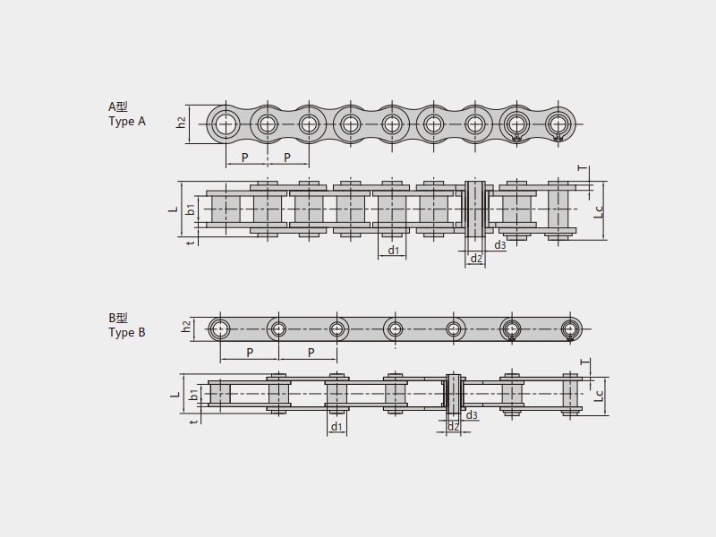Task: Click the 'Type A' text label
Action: pos(127,122)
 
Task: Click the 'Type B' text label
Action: pos(127,332)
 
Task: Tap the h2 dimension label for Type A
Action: pos(182,123)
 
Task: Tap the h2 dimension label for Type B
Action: pos(186,327)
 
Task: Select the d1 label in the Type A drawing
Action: pos(393,251)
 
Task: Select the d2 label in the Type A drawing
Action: pos(476,259)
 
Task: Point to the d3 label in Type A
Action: pos(500,245)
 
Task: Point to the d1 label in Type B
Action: pos(337,427)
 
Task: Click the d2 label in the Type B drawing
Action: pos(453,427)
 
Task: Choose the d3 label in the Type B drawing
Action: pos(472,415)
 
